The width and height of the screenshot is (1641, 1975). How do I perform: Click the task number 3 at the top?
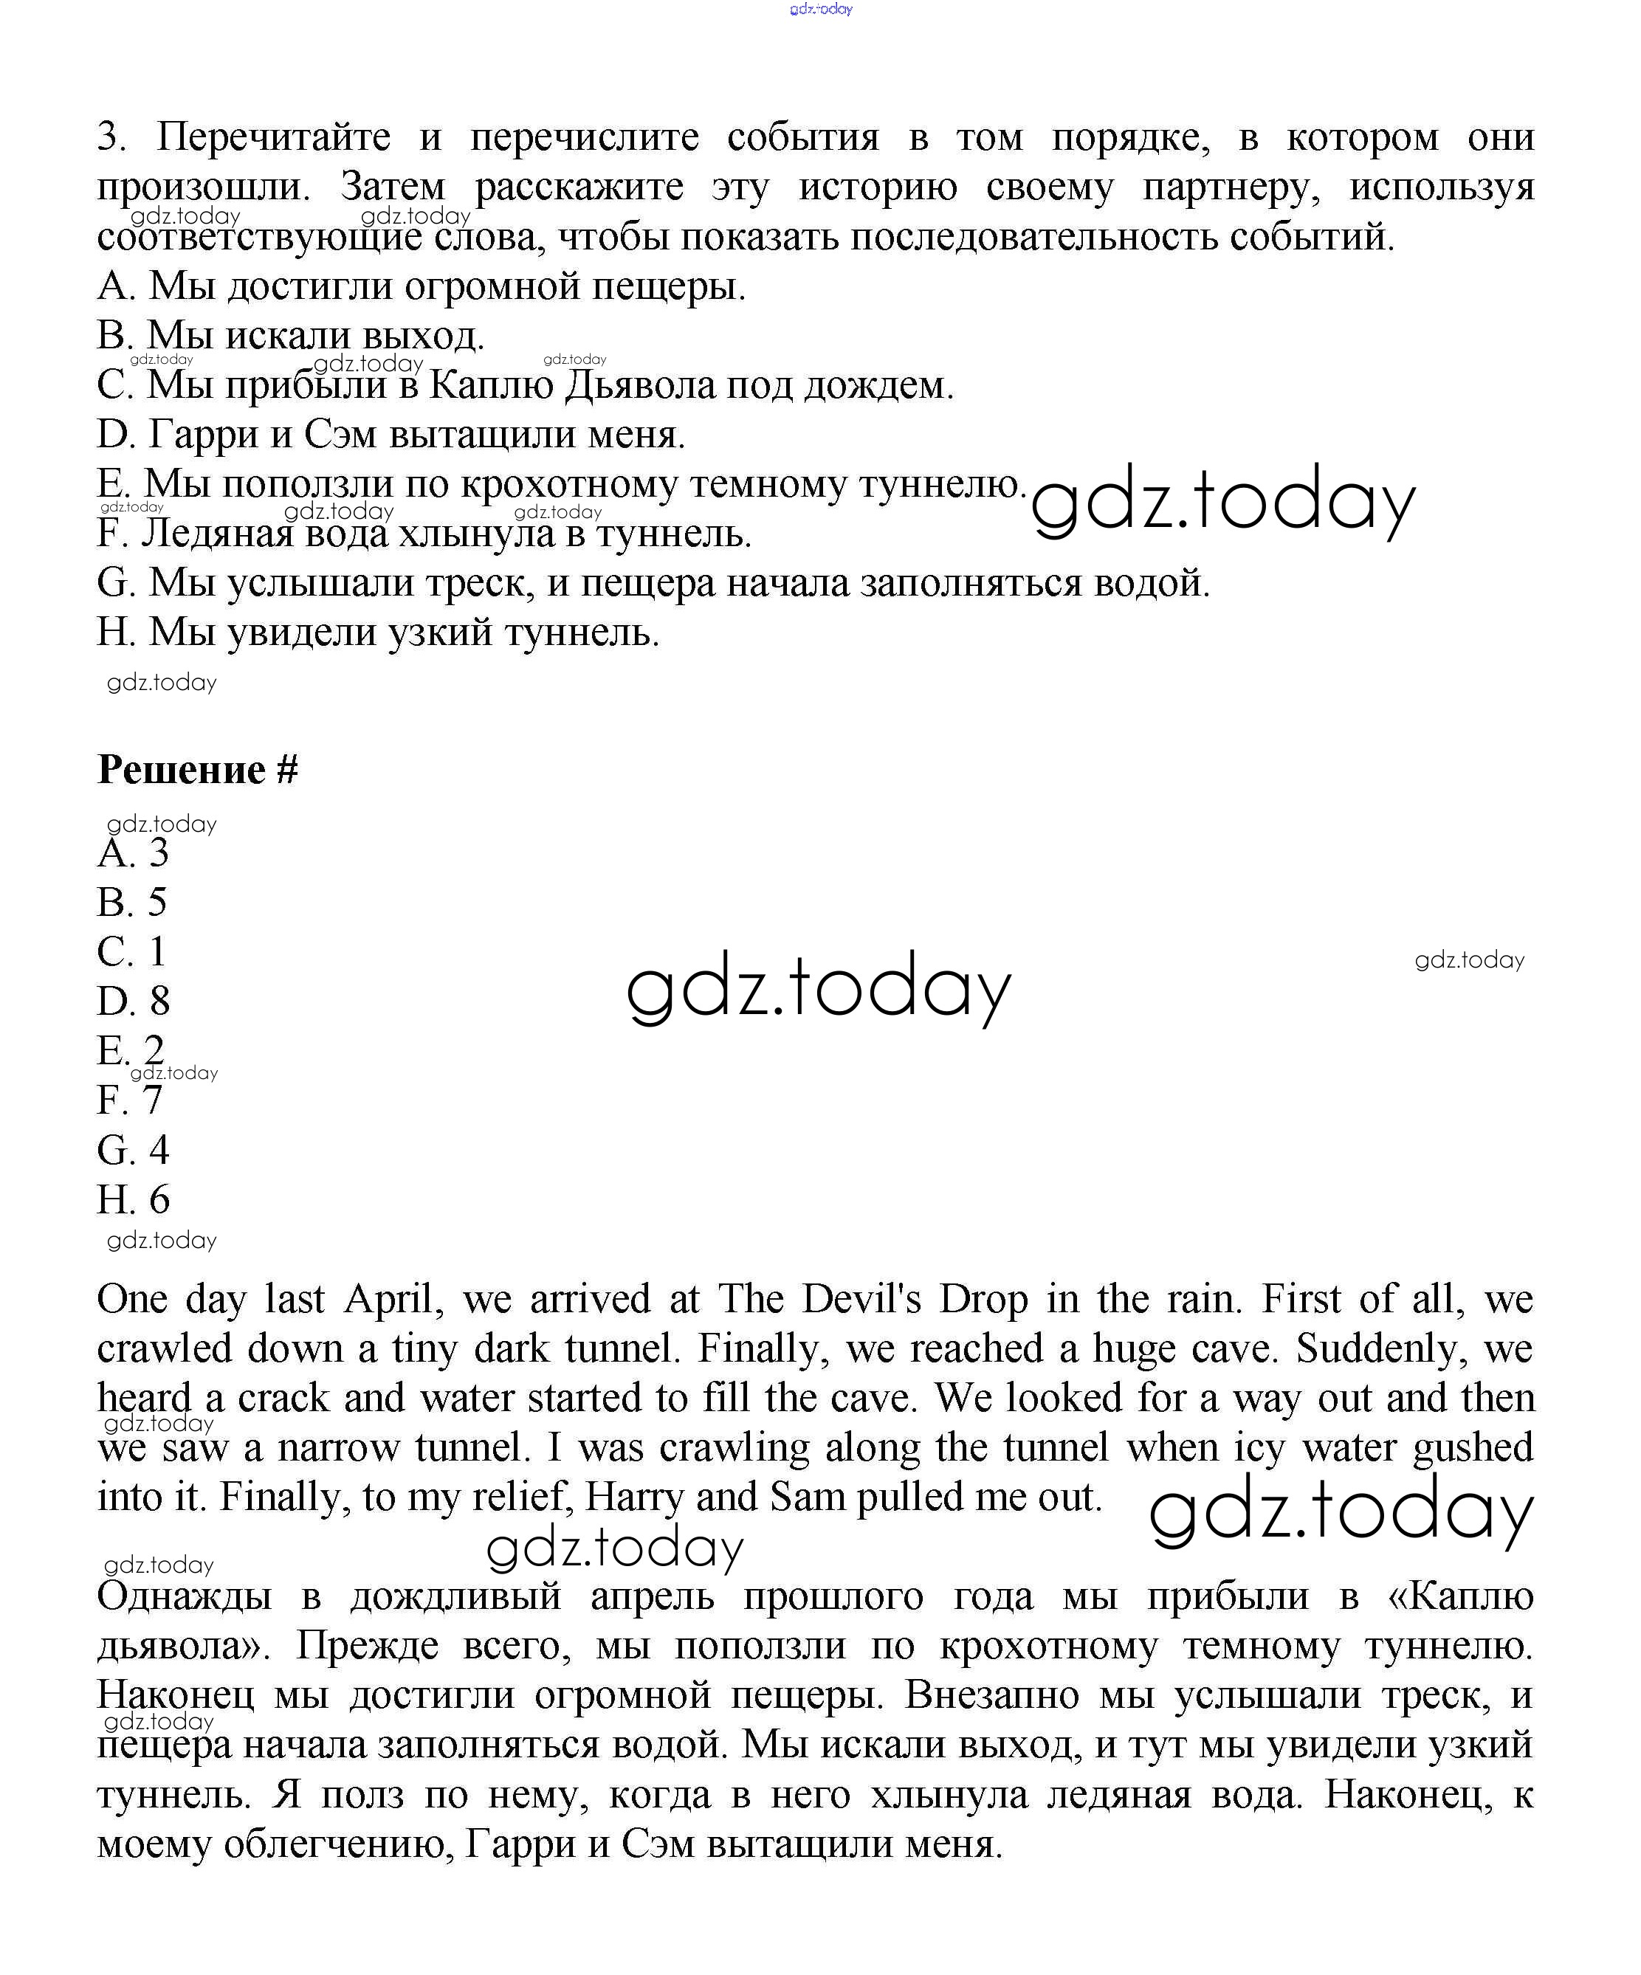[x=110, y=137]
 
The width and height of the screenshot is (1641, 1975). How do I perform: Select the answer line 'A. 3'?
[x=133, y=854]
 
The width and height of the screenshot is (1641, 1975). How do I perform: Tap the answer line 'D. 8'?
[x=134, y=1002]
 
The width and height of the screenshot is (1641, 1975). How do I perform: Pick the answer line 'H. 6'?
[x=134, y=1200]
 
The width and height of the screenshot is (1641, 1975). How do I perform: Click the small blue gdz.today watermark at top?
[x=821, y=10]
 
